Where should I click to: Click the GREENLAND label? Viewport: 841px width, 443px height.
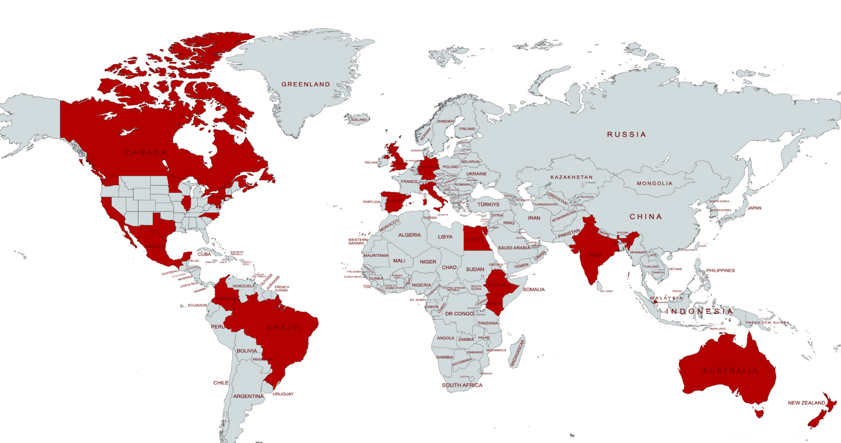pos(306,84)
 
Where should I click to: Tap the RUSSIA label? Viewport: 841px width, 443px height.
pos(626,134)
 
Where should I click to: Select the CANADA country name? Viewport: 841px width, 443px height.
pos(146,152)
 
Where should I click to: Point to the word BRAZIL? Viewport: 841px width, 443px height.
pos(284,327)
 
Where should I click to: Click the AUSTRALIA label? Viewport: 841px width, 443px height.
pos(730,371)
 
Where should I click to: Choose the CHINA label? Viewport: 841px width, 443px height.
pos(646,217)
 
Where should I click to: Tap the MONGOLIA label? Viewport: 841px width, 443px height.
pos(654,183)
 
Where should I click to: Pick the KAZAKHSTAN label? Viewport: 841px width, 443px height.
pos(572,177)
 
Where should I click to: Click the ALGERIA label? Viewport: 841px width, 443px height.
pos(410,235)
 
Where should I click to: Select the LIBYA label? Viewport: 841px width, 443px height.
pos(445,237)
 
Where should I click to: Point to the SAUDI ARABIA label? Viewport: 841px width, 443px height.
pos(514,248)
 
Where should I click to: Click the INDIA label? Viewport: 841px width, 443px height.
pos(595,255)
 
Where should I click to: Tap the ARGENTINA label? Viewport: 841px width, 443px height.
pos(248,396)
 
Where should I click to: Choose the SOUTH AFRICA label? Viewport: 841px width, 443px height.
pos(463,386)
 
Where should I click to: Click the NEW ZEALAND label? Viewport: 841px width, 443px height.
pos(805,403)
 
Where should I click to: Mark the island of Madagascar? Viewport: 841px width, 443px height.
pos(516,352)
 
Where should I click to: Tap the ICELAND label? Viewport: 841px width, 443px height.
pos(359,119)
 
